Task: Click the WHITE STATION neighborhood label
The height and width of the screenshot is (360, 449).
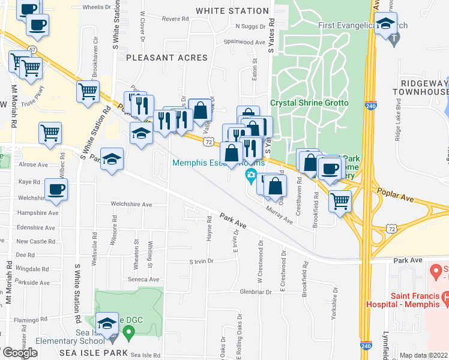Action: pos(232,11)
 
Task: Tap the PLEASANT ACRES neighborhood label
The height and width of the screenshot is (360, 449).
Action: pos(167,58)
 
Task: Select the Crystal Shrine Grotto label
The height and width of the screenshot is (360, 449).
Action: pos(309,103)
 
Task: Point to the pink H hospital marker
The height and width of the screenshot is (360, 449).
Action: pos(445,297)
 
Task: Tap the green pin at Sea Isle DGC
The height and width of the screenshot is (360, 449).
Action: pos(128,331)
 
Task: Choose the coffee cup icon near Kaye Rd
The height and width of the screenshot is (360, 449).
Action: pos(56,190)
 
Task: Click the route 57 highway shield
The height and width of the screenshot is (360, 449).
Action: pos(32,49)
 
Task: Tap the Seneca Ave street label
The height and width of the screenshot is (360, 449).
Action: pos(143,279)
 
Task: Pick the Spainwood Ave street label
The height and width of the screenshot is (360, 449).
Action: pos(244,43)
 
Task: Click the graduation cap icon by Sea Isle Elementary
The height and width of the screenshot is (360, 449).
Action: pos(107,323)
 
